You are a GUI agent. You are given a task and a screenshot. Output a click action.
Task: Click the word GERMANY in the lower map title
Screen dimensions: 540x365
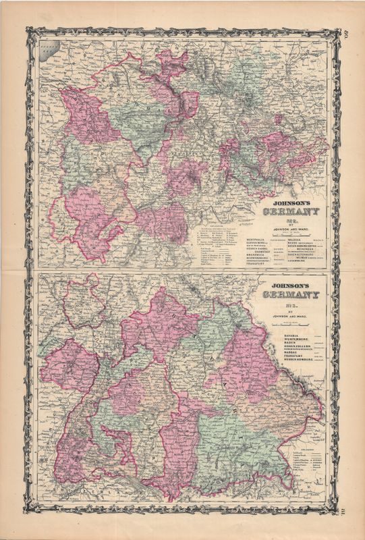(291, 294)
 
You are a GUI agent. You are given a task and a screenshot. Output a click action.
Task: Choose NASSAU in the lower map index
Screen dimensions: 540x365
(279, 352)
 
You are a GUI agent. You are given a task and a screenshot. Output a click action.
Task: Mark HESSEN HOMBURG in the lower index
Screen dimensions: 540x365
(287, 361)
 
